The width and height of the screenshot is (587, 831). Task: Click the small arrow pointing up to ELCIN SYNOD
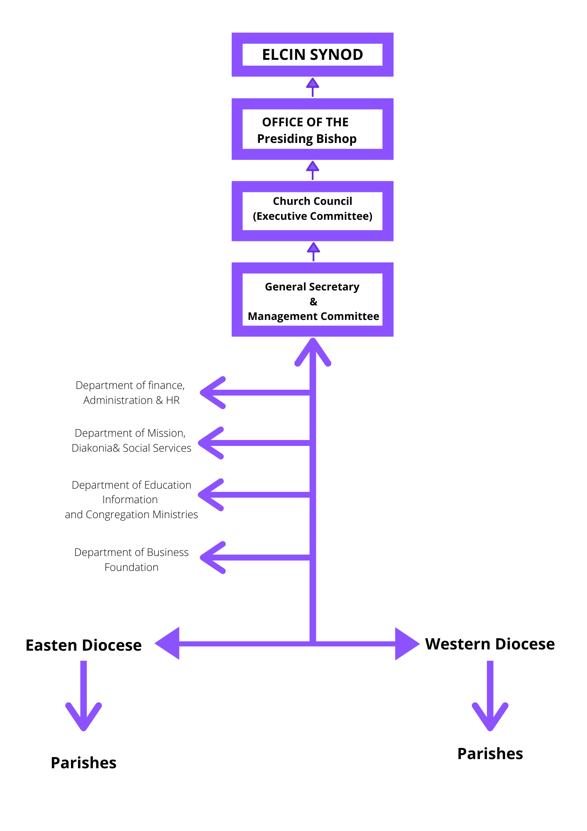(x=313, y=87)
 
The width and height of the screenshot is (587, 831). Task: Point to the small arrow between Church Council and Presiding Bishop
(x=313, y=170)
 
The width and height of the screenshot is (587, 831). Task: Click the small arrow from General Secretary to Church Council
(x=313, y=252)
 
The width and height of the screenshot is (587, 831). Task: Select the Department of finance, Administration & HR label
(x=131, y=393)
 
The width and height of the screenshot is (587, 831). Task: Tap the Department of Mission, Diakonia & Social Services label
(x=131, y=440)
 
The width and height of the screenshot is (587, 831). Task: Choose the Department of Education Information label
(x=131, y=499)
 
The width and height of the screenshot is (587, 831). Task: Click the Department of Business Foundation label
(x=131, y=560)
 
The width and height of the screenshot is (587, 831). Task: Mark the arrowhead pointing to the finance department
(x=213, y=393)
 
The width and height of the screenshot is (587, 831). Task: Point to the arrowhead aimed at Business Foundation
(x=213, y=558)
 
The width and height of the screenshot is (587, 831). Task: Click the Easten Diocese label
(x=83, y=645)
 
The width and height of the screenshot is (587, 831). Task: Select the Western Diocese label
(x=490, y=644)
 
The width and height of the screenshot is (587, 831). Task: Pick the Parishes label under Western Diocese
(x=490, y=754)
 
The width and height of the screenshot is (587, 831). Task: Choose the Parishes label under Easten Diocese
(x=83, y=763)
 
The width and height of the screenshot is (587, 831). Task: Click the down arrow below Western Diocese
(x=490, y=696)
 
